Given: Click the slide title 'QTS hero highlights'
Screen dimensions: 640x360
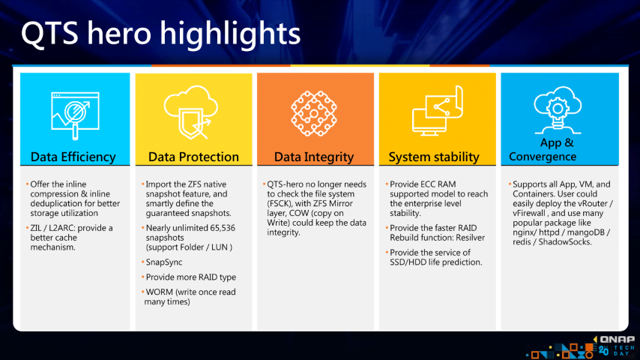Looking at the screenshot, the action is pos(161,34).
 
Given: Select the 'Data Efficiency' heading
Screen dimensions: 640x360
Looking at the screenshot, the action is pos(73,157).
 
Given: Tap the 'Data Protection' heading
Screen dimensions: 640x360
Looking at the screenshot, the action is pos(193,157).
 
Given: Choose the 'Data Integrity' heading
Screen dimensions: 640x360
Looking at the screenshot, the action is pos(314,157).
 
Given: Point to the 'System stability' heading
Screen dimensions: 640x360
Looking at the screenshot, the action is pos(434,157).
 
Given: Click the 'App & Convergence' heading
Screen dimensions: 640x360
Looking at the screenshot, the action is pos(543,149).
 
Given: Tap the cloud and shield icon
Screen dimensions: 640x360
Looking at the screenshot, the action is pos(191,112).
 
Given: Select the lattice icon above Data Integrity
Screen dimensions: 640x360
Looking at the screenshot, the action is pos(313,113).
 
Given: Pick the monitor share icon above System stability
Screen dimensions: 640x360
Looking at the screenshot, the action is pos(437,111).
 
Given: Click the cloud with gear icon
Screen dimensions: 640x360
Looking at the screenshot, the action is pos(558,110).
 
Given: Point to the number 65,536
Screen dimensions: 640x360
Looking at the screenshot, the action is pos(220,228).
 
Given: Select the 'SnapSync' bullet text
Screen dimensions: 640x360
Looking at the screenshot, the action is pos(164,262).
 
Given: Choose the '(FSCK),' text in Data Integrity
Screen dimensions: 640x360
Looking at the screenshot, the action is pos(280,203).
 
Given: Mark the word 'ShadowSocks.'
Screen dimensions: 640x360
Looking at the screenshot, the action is pos(565,242).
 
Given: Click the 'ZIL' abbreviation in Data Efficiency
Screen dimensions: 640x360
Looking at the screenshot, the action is pos(36,228).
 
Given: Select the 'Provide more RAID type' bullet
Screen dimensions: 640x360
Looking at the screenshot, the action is pos(191,277).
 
